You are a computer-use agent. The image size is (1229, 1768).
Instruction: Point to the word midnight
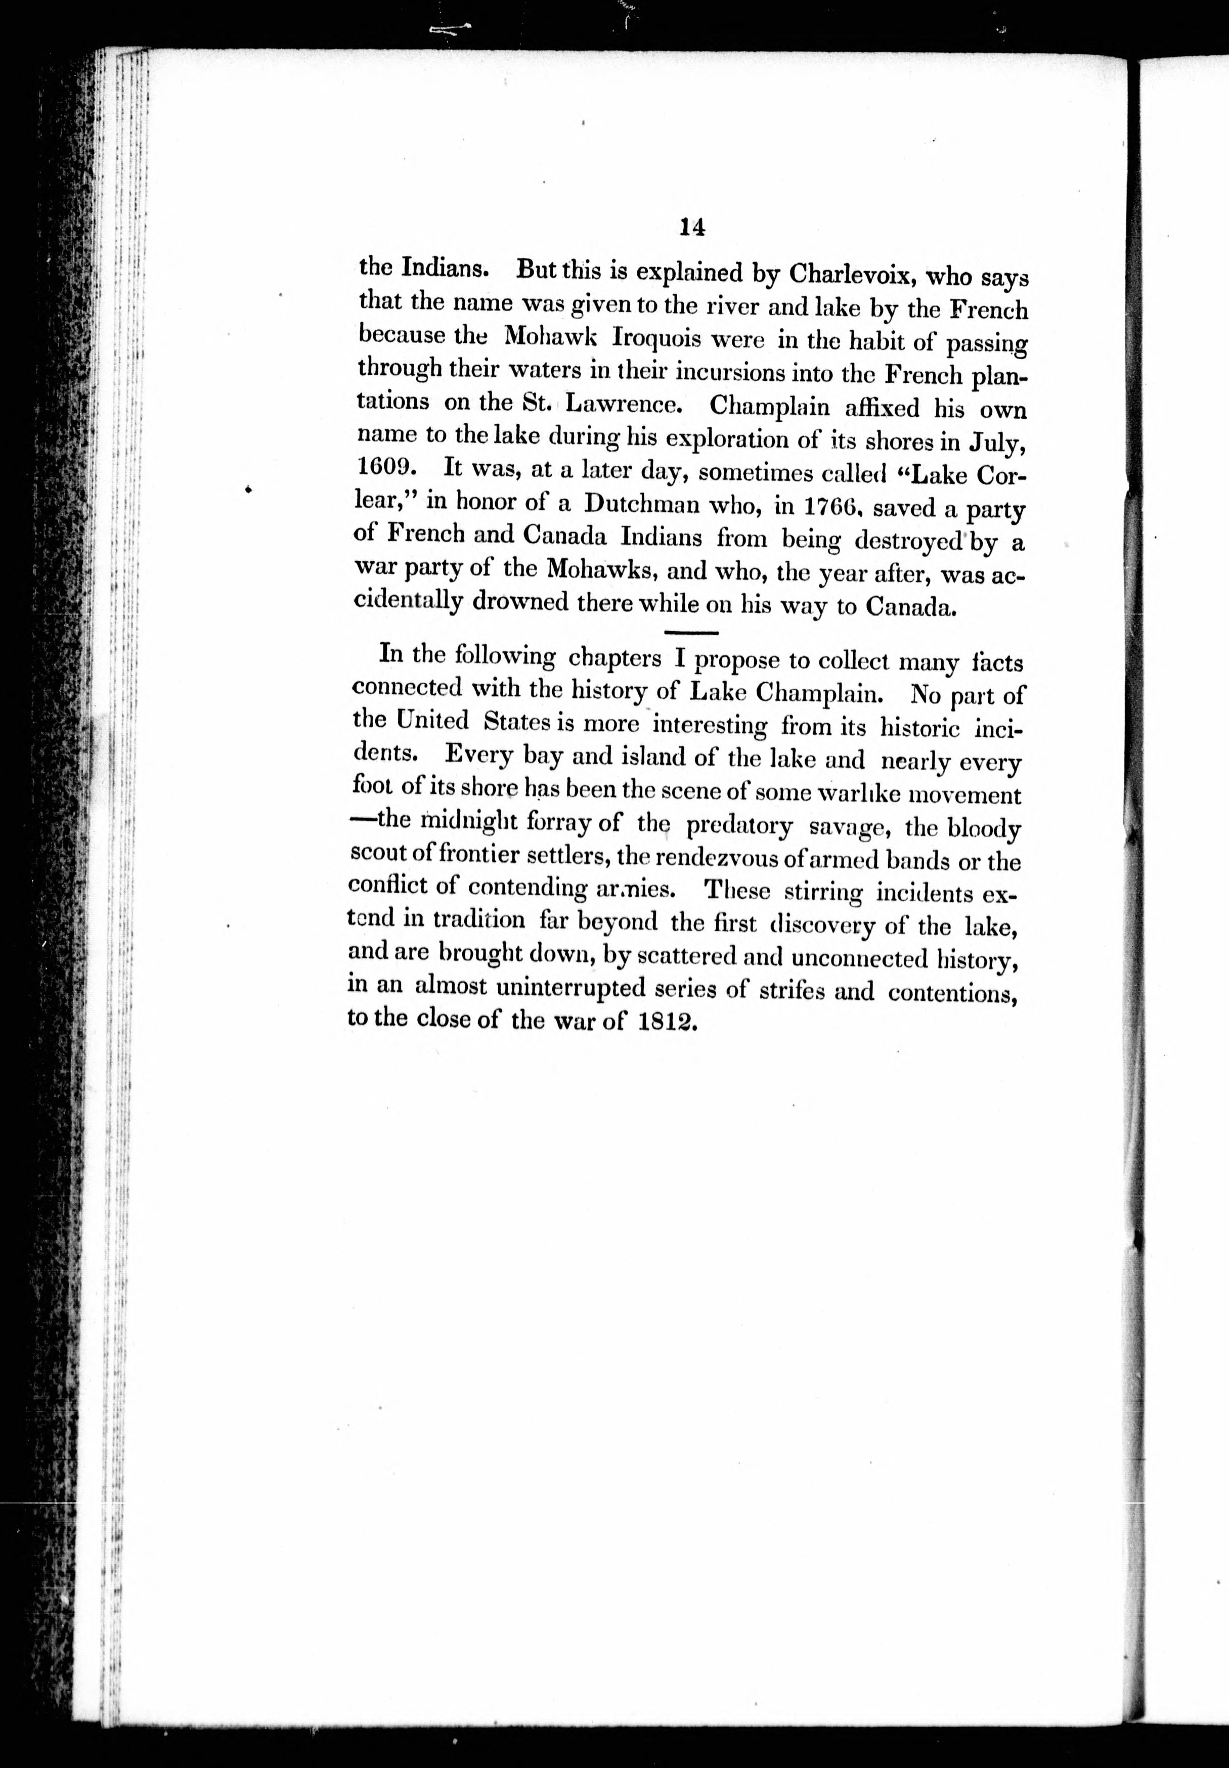[460, 822]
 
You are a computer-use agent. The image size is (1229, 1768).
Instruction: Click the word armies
[636, 890]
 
